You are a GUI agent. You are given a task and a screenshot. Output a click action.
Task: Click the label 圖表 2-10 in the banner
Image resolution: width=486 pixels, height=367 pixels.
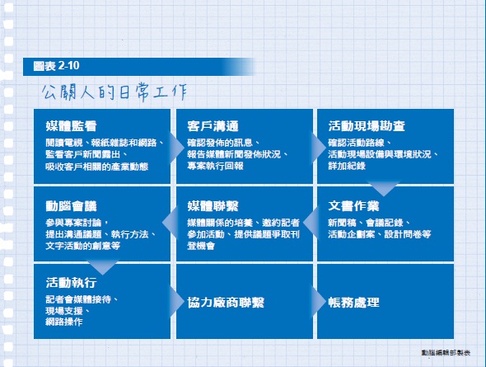[x=56, y=66]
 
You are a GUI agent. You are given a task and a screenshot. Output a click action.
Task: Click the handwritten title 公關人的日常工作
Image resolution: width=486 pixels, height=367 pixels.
[x=114, y=92]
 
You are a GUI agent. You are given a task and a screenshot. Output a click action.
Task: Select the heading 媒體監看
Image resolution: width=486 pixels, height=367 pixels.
[x=72, y=126]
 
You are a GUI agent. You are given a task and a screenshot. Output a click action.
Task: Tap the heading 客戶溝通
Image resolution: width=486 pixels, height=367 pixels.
[x=213, y=126]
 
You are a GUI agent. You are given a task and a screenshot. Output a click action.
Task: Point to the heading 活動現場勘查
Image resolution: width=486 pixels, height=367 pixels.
[x=367, y=126]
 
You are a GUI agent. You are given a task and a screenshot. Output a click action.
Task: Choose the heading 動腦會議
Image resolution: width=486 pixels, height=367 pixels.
[x=72, y=206]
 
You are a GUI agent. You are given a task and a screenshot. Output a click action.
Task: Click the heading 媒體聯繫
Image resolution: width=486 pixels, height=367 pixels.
[x=213, y=206]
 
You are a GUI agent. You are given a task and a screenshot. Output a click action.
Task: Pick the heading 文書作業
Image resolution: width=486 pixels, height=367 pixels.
[x=353, y=206]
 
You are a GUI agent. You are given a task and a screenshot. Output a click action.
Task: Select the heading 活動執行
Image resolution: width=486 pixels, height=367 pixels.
[x=72, y=283]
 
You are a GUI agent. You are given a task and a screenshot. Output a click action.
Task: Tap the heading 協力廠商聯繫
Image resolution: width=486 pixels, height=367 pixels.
[x=226, y=303]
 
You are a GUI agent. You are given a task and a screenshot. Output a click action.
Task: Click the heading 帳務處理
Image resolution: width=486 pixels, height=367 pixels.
[x=353, y=303]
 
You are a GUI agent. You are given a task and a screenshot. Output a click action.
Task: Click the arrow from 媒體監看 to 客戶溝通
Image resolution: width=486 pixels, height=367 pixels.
[x=176, y=148]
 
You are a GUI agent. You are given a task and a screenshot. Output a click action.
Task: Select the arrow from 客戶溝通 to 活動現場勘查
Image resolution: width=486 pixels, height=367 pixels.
[x=318, y=148]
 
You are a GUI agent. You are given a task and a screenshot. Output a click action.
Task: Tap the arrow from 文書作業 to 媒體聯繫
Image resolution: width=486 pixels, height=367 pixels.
[x=311, y=223]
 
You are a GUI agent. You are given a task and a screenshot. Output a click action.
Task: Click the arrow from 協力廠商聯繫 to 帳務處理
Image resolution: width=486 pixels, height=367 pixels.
[x=318, y=301]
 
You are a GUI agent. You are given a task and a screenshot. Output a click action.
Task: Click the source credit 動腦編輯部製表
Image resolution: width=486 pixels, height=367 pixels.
[x=446, y=353]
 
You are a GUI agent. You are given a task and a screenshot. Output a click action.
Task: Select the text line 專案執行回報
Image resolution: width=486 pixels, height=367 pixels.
[x=215, y=166]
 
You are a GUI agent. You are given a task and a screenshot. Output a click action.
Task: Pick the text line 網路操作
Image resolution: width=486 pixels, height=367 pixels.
[x=64, y=322]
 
